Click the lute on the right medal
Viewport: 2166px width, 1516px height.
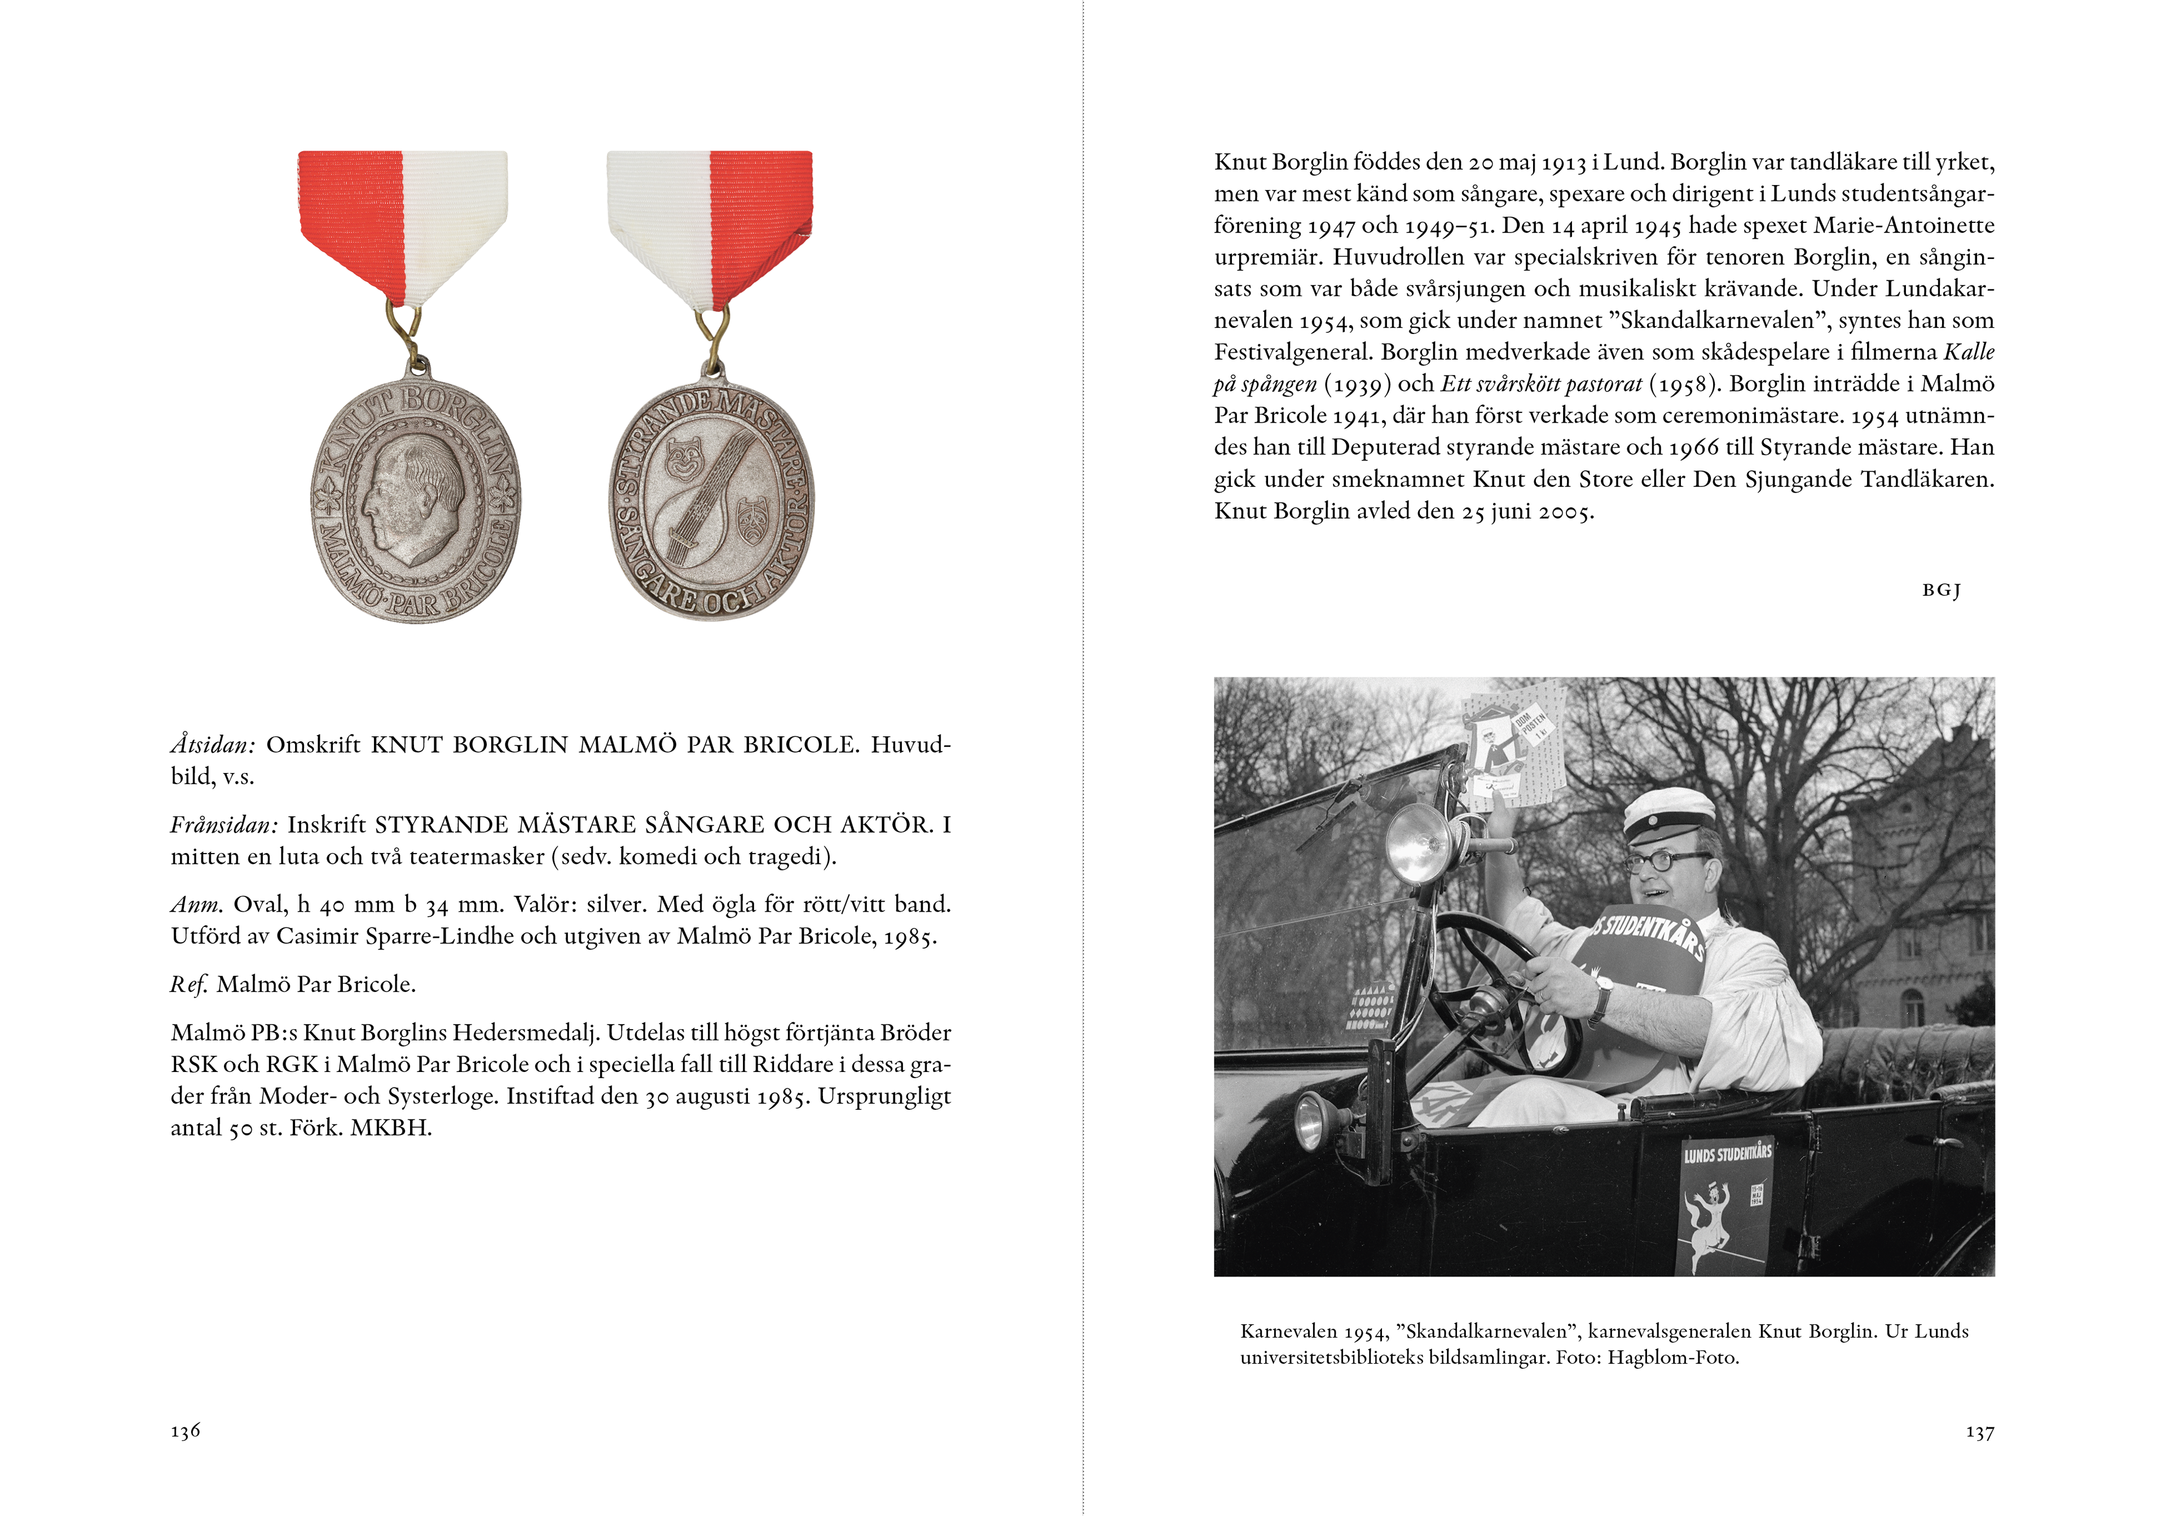pos(707,500)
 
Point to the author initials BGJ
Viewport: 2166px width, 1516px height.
pos(1942,591)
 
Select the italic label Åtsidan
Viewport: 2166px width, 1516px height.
pos(212,745)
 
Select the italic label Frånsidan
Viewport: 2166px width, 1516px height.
pos(223,825)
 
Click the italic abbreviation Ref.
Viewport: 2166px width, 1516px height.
pos(188,985)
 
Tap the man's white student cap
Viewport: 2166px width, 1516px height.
pos(1667,814)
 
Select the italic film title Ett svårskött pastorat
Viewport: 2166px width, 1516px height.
pos(1542,384)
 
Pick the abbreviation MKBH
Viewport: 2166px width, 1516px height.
pos(390,1128)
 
